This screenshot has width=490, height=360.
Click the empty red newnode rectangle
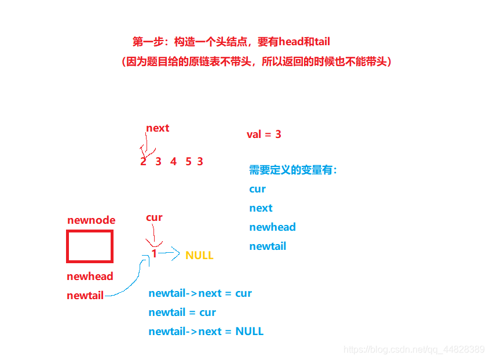point(89,246)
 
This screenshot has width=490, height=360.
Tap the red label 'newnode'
point(91,220)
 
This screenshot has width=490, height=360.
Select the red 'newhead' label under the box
point(90,277)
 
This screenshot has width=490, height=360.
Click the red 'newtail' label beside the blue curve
point(85,296)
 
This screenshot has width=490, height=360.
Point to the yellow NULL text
point(199,256)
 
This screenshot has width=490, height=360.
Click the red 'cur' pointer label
point(154,217)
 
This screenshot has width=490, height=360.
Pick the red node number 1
point(154,253)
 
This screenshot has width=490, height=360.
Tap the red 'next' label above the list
point(158,128)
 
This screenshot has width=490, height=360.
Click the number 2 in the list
point(143,162)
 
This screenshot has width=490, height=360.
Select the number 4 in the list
point(173,162)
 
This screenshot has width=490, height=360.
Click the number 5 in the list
point(188,162)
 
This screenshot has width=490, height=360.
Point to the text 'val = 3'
point(264,134)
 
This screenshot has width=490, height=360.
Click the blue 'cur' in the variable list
point(258,189)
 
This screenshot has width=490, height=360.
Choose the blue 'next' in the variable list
point(261,208)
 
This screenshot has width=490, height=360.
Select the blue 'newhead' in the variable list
point(272,227)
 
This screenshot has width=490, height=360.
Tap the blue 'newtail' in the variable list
point(268,246)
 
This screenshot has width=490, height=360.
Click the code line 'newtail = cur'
point(182,312)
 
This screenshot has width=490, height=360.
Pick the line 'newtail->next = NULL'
point(206,332)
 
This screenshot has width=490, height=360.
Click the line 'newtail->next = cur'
point(200,293)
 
